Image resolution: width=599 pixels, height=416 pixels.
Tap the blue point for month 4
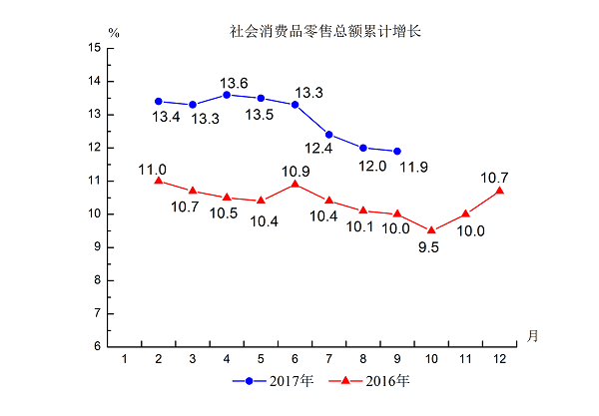point(227,95)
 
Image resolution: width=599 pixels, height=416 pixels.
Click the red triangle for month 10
point(431,230)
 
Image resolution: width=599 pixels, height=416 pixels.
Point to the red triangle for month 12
point(499,191)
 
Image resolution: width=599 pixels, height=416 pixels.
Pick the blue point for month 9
point(397,151)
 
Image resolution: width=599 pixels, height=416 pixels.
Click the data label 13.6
point(235,83)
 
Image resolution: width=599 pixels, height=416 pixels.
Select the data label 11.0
point(153,170)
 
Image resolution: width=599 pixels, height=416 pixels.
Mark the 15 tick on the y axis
point(94,48)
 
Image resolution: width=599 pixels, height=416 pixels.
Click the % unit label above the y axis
point(114,33)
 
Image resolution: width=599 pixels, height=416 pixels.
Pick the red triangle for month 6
point(295,184)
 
